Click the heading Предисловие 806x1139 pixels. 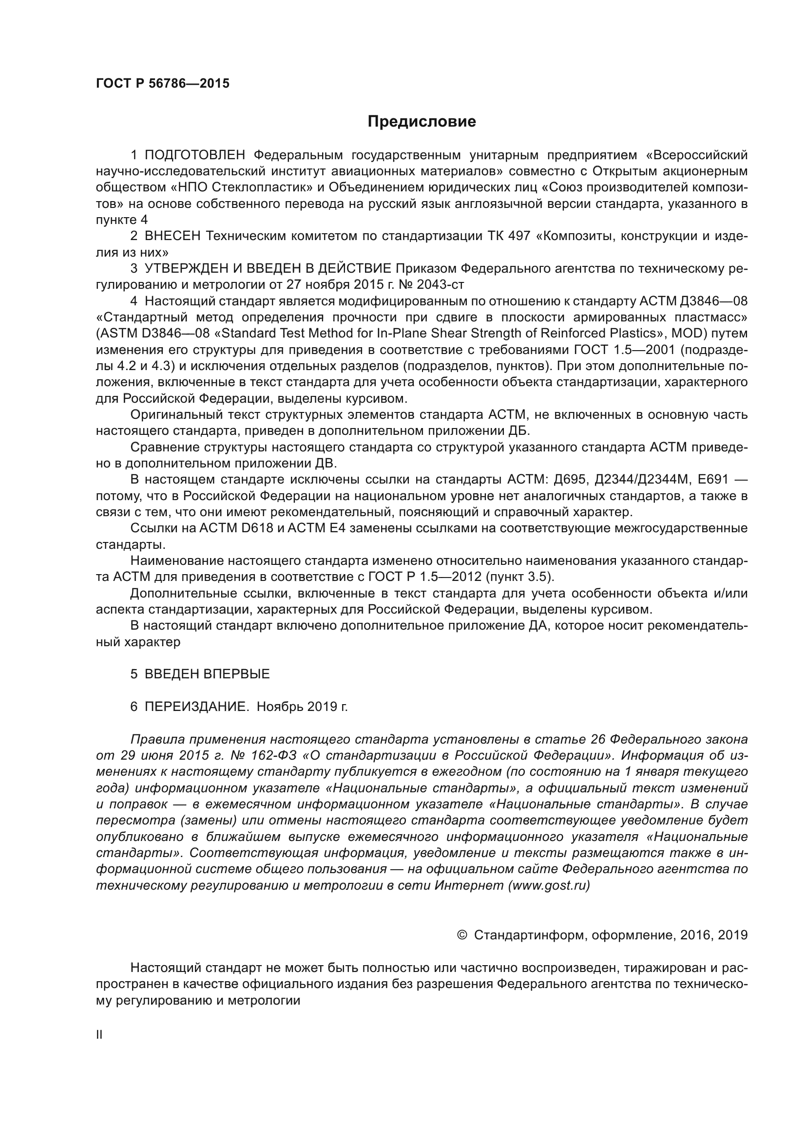[422, 122]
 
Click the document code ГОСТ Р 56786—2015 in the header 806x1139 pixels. [162, 83]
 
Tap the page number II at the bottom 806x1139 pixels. [99, 1035]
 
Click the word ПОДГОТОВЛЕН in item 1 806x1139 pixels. [194, 155]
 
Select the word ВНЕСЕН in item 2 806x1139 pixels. [172, 236]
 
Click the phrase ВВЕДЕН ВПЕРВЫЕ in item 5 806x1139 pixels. [207, 674]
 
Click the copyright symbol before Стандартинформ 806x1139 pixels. [461, 935]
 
